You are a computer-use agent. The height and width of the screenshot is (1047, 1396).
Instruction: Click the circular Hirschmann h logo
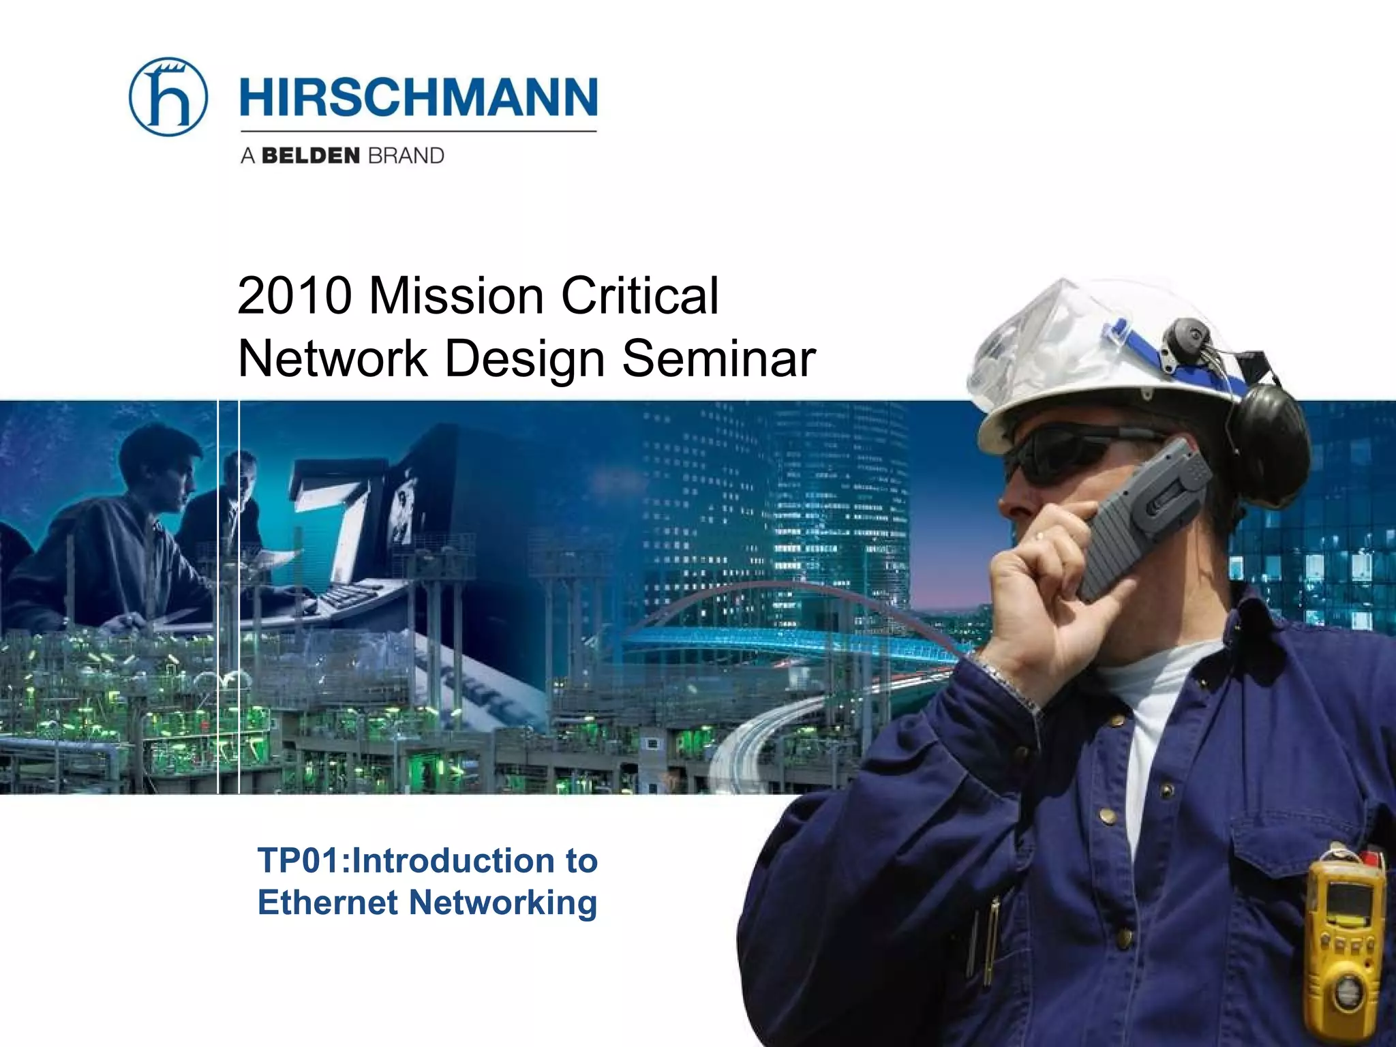168,97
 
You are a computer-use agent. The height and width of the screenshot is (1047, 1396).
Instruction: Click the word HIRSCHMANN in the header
419,97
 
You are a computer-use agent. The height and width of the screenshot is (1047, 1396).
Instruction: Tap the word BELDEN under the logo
310,156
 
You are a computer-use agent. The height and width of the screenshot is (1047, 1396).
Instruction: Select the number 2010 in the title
294,297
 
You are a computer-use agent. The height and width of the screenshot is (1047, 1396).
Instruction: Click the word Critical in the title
639,297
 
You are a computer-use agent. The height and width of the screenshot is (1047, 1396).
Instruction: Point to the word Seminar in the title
718,359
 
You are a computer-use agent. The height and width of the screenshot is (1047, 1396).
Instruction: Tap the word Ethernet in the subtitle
327,902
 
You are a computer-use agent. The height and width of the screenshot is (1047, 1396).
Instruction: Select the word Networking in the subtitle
503,904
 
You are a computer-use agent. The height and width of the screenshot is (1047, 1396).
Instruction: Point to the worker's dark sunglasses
1063,453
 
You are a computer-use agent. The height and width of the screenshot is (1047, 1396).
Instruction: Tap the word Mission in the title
456,297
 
